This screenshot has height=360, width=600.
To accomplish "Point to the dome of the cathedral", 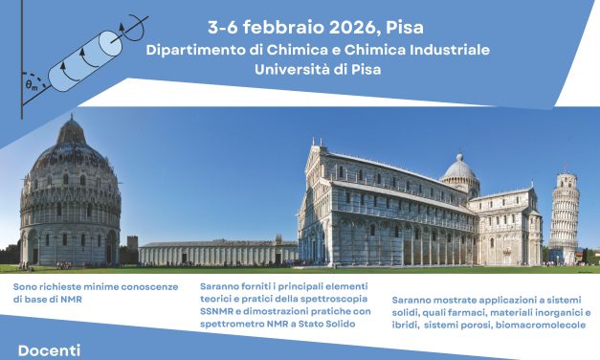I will click(x=459, y=172).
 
